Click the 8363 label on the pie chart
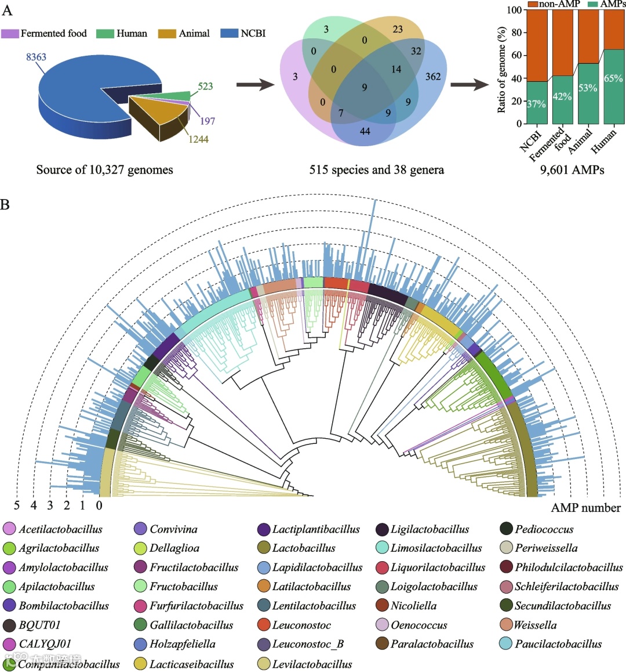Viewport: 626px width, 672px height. (x=36, y=57)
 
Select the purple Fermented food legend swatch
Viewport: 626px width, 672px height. (x=10, y=34)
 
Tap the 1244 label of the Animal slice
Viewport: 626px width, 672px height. (x=198, y=139)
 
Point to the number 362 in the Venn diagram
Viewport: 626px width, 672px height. (x=432, y=77)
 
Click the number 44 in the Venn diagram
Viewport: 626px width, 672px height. (x=365, y=131)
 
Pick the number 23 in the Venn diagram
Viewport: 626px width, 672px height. (x=397, y=29)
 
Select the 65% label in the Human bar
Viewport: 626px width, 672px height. (x=613, y=78)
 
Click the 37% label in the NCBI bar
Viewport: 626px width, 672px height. (x=536, y=104)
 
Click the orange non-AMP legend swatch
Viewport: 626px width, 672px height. (x=532, y=4)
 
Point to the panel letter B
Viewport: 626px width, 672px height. (x=5, y=205)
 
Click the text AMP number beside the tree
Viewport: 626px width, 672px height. (x=585, y=508)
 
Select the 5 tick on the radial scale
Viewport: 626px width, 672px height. (x=16, y=505)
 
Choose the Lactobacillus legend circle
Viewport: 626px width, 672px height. (x=264, y=548)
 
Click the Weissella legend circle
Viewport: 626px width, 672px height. (x=506, y=626)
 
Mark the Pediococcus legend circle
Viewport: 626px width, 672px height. (x=506, y=529)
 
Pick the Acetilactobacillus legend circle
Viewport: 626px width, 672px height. (x=10, y=529)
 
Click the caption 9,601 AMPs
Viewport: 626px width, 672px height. (x=572, y=170)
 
